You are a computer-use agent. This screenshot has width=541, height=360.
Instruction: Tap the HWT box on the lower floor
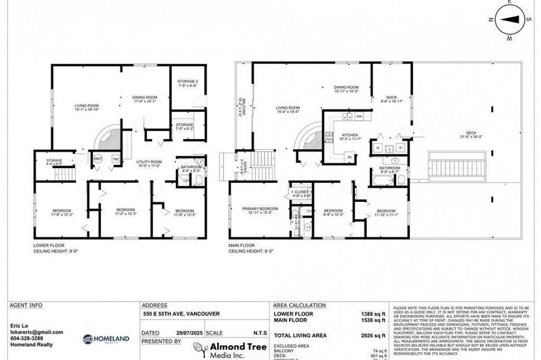click(98, 159)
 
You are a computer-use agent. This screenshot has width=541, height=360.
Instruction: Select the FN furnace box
click(115, 159)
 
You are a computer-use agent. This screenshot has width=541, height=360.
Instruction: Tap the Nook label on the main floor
click(391, 99)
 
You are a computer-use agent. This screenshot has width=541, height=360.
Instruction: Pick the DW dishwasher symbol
click(359, 116)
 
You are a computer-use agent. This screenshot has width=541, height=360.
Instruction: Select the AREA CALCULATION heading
click(300, 305)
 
